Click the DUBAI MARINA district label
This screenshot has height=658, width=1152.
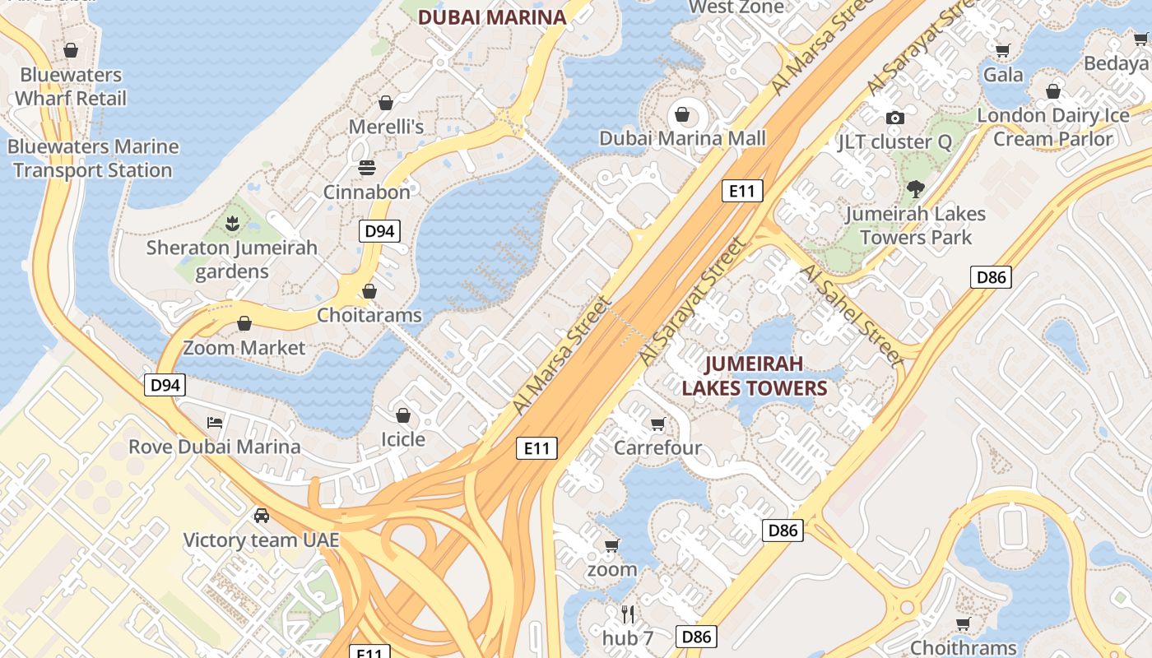tap(492, 17)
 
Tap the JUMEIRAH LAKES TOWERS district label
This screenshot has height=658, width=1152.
tap(754, 376)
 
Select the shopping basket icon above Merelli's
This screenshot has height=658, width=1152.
tap(385, 103)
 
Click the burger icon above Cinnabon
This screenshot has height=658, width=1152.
tap(367, 168)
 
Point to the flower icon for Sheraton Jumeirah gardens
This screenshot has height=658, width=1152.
tap(232, 222)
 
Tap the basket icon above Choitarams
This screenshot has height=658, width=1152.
tap(369, 291)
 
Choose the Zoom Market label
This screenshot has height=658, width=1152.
tap(244, 348)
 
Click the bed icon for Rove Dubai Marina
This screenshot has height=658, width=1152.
tap(215, 423)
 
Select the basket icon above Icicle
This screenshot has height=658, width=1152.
tap(403, 415)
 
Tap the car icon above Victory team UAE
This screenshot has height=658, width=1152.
tap(261, 516)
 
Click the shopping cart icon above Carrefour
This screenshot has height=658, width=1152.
tap(657, 424)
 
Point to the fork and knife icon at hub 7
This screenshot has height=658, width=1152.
tap(628, 614)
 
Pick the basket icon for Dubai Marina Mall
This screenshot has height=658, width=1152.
tap(682, 114)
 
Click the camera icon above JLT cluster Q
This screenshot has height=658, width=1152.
tap(895, 118)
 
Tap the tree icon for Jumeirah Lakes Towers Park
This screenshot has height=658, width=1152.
tap(914, 189)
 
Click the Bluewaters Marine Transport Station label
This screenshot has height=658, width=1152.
tap(93, 159)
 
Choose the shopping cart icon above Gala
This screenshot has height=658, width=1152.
tap(1002, 51)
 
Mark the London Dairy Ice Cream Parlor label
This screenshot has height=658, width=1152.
tap(1053, 127)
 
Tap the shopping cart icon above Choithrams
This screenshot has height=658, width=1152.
tap(963, 623)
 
